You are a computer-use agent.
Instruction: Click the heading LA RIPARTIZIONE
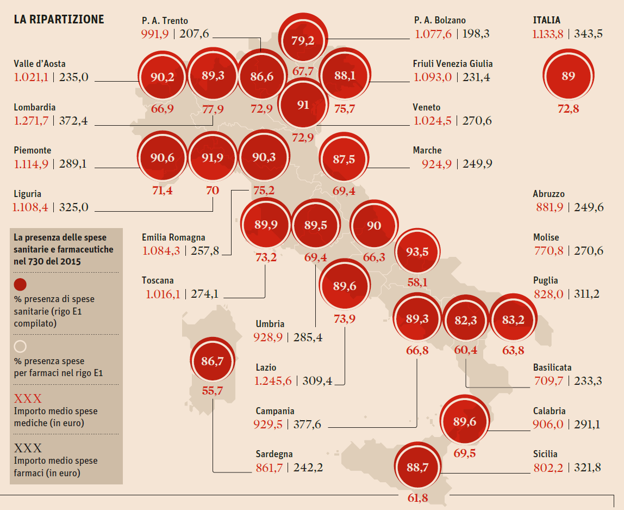pyautogui.click(x=59, y=20)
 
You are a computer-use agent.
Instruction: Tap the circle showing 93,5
pyautogui.click(x=417, y=251)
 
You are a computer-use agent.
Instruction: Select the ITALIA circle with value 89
pyautogui.click(x=568, y=76)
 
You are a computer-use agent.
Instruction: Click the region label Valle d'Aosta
pyautogui.click(x=40, y=64)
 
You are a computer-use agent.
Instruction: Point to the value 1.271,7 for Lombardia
pyautogui.click(x=31, y=121)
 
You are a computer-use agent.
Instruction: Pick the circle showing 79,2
pyautogui.click(x=303, y=40)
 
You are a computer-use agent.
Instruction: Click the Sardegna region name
pyautogui.click(x=274, y=454)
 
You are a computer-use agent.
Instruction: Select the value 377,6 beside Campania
pyautogui.click(x=307, y=425)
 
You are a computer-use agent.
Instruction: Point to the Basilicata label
pyautogui.click(x=552, y=367)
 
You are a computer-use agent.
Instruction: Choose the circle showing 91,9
pyautogui.click(x=212, y=157)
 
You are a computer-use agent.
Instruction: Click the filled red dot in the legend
pyautogui.click(x=20, y=284)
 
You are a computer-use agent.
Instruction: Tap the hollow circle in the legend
pyautogui.click(x=20, y=346)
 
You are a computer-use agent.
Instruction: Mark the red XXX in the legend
pyautogui.click(x=28, y=398)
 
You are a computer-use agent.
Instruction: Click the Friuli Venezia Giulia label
pyautogui.click(x=453, y=64)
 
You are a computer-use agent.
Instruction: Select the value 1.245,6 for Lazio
pyautogui.click(x=272, y=381)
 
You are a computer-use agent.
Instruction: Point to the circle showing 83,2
pyautogui.click(x=513, y=320)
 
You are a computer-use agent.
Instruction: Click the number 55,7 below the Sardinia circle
pyautogui.click(x=212, y=390)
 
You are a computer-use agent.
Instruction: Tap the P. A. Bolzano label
pyautogui.click(x=440, y=20)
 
